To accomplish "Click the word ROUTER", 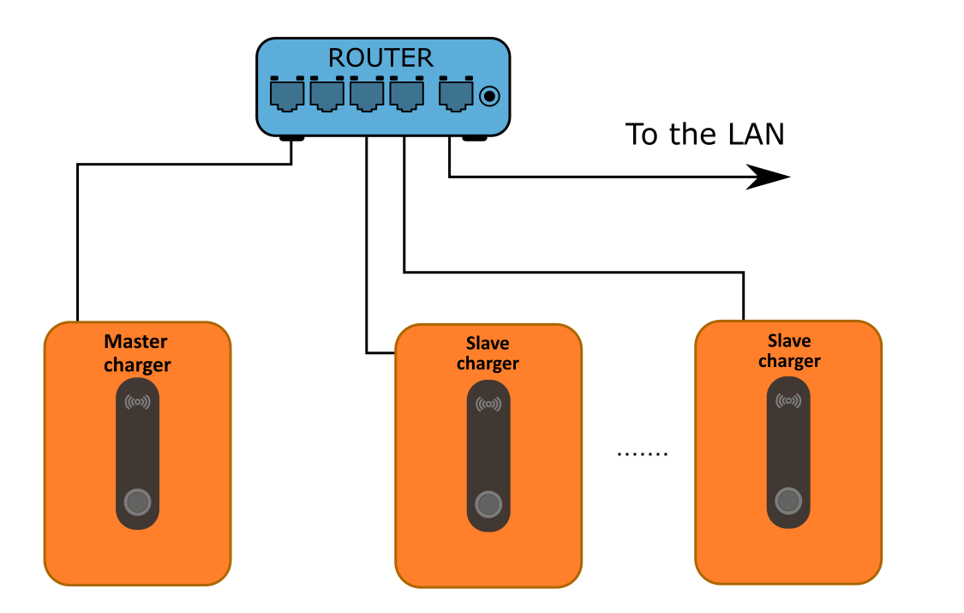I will point(380,57).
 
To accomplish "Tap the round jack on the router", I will point(489,96).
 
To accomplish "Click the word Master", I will point(136,342).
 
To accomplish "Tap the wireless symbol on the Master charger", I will point(137,402).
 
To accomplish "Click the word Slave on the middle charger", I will point(488,343).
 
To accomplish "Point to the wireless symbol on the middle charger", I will point(488,404).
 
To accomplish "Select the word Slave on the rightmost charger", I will point(789,340).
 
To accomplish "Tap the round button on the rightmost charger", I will point(788,501).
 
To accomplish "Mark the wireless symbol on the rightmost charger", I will point(788,400).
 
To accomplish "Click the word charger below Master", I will point(137,365).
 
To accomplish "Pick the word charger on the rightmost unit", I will point(789,361).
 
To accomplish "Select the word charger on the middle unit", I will point(488,364).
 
